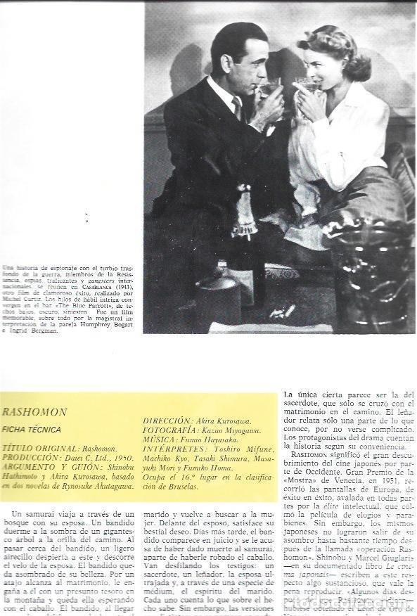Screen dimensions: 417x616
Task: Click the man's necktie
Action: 237,106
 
